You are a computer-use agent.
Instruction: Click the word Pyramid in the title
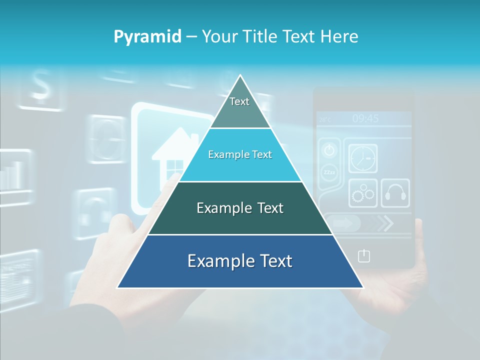point(147,37)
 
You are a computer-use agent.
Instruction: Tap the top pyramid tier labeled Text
point(239,104)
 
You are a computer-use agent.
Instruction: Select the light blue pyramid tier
point(240,155)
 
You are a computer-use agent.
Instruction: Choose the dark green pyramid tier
point(240,208)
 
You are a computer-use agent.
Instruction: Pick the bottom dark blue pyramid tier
point(240,261)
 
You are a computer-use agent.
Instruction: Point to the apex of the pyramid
point(240,76)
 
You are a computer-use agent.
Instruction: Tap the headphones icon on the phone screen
point(395,193)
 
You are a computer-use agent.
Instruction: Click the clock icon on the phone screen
point(362,159)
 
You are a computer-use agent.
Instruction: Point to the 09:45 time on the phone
point(365,119)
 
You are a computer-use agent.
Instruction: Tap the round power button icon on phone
point(329,150)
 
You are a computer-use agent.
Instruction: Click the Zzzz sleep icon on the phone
point(329,172)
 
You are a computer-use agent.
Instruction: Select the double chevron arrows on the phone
point(385,223)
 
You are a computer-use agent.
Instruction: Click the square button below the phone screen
point(364,256)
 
